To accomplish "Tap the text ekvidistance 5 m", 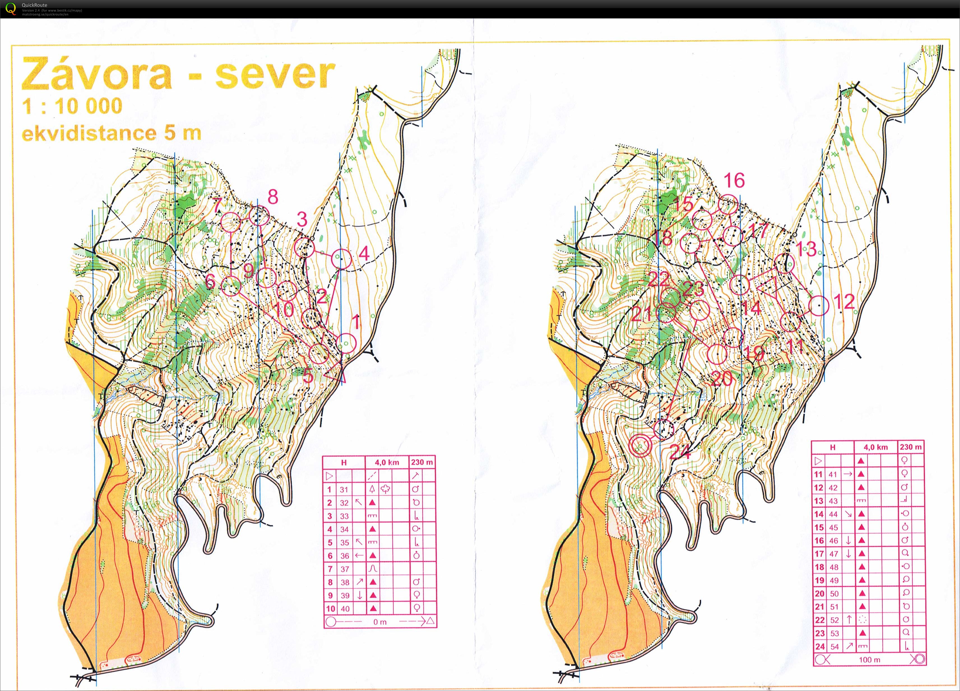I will (111, 133).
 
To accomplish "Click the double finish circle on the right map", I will (641, 446).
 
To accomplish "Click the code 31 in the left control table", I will (344, 490).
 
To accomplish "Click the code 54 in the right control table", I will (834, 646).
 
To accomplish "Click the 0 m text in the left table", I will (380, 622).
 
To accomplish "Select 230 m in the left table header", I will (422, 462).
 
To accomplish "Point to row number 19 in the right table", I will (819, 580).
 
